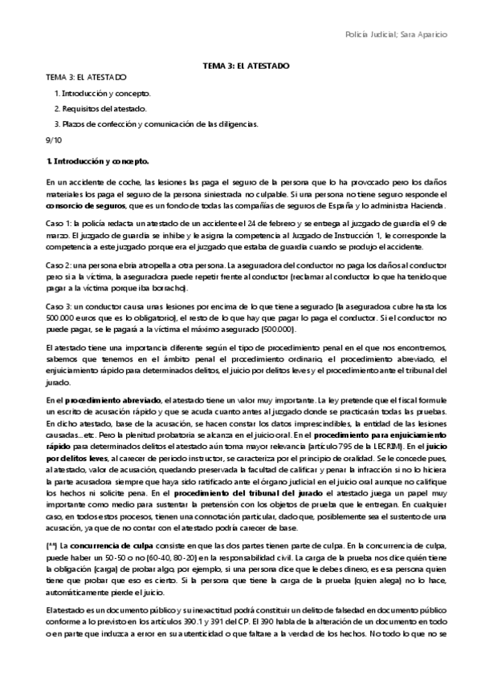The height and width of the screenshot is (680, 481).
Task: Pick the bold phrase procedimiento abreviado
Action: [x=111, y=399]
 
